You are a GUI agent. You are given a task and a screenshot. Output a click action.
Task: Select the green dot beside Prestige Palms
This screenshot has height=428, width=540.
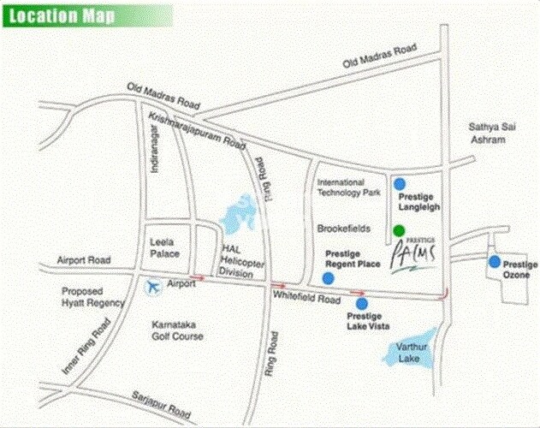tap(398, 230)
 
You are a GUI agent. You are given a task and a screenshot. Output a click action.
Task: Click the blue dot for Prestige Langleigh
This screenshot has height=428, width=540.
tap(398, 183)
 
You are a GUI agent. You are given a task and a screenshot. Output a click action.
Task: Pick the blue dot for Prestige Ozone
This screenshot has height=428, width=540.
tap(494, 262)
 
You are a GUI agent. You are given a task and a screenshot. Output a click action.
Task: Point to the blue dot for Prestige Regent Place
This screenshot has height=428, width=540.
tap(328, 277)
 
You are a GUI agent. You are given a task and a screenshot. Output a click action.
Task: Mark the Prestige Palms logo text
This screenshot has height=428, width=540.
tap(416, 254)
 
